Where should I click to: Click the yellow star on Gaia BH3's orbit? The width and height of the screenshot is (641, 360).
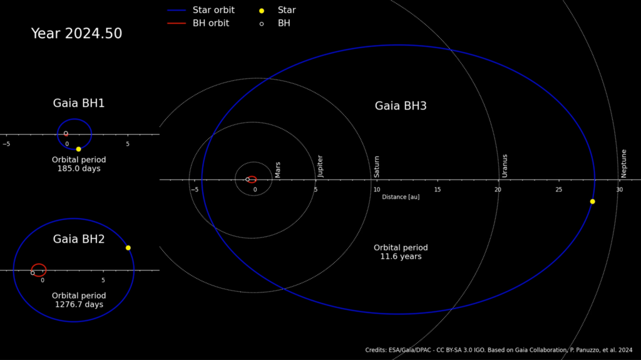pyautogui.click(x=592, y=201)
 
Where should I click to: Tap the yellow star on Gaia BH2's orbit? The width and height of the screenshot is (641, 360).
pyautogui.click(x=128, y=247)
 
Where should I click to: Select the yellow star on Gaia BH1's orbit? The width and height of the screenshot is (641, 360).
pyautogui.click(x=78, y=149)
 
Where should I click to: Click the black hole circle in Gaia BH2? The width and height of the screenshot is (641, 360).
pyautogui.click(x=33, y=273)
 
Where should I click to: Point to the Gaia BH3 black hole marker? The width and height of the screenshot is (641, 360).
pyautogui.click(x=247, y=179)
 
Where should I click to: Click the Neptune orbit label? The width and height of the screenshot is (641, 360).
pyautogui.click(x=624, y=163)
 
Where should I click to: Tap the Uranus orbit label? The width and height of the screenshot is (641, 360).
pyautogui.click(x=505, y=166)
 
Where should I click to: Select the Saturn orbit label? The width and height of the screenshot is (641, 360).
pyautogui.click(x=376, y=167)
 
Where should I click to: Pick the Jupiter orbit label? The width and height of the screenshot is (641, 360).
pyautogui.click(x=320, y=166)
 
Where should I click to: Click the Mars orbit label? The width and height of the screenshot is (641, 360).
pyautogui.click(x=277, y=170)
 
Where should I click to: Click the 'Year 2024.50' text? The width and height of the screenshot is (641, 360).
pyautogui.click(x=76, y=33)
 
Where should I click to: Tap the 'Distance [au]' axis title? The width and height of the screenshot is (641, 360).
pyautogui.click(x=401, y=197)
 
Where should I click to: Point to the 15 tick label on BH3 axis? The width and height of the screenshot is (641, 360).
pyautogui.click(x=438, y=190)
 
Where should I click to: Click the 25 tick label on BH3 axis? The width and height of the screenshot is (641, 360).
pyautogui.click(x=558, y=190)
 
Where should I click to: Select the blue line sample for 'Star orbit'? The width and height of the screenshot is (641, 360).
pyautogui.click(x=177, y=10)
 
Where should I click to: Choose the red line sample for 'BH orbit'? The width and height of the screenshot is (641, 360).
pyautogui.click(x=177, y=23)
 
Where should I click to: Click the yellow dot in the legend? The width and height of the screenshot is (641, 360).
pyautogui.click(x=262, y=11)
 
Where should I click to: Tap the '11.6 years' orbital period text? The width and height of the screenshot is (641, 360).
pyautogui.click(x=401, y=257)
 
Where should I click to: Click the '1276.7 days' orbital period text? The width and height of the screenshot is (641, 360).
pyautogui.click(x=79, y=304)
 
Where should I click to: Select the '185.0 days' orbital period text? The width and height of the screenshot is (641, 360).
pyautogui.click(x=79, y=168)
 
